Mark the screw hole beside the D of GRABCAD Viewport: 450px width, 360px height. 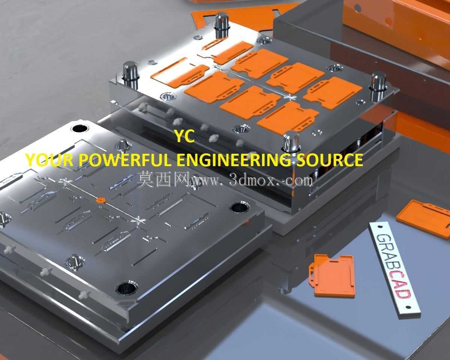(408, 307)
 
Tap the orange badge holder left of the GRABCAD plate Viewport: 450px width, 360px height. (332, 275)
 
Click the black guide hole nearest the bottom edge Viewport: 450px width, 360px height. (126, 289)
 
